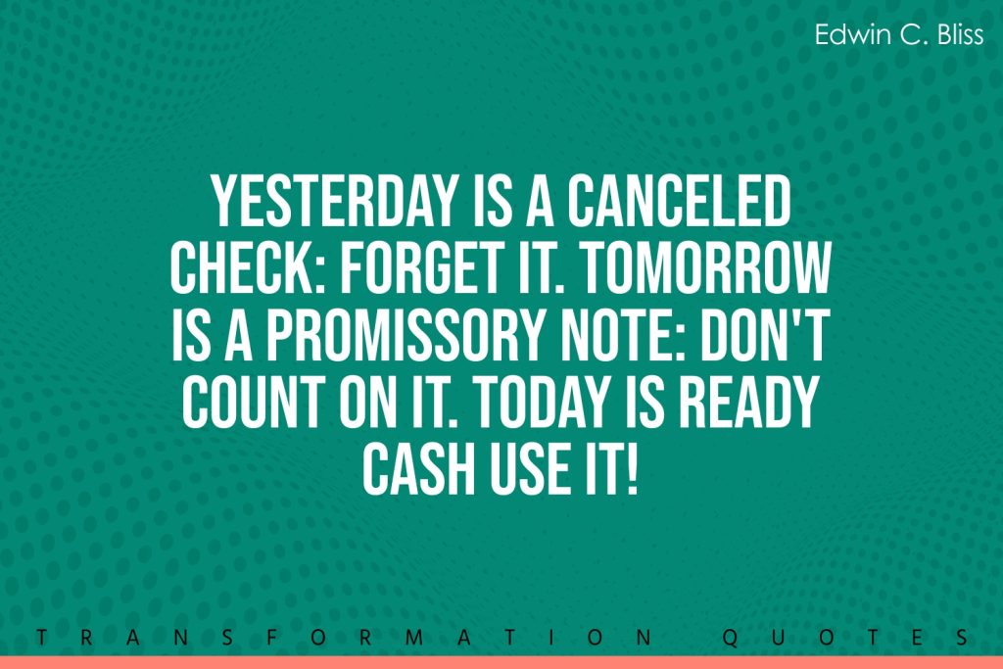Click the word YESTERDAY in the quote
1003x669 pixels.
333,201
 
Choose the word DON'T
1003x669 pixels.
765,335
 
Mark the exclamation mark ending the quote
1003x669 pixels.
633,467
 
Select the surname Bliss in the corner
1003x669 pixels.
961,34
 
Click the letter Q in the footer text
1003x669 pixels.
730,637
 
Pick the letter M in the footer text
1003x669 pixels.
414,637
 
